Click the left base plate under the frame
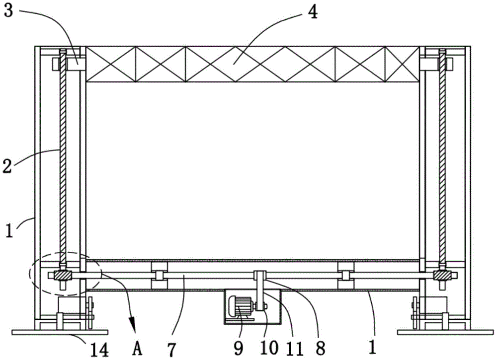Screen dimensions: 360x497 point(59,332)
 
